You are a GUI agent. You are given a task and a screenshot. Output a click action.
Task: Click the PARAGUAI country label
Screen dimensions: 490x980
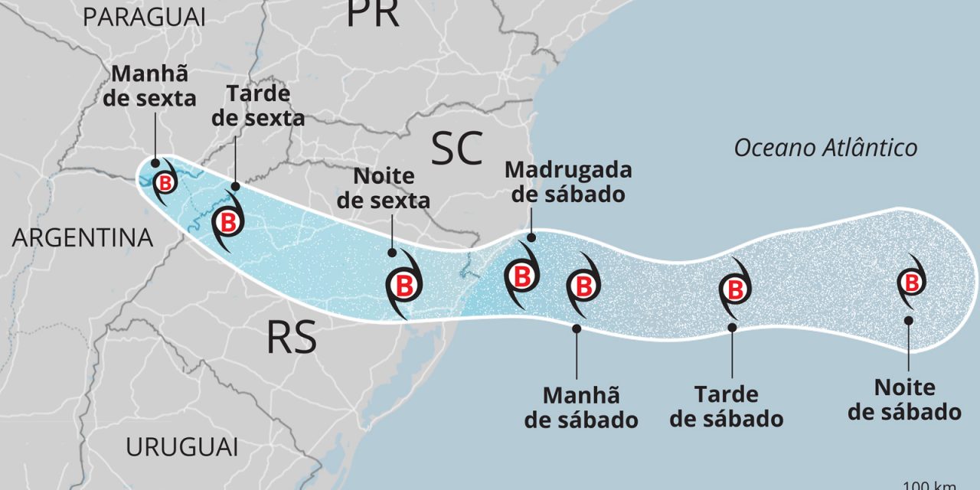(145, 17)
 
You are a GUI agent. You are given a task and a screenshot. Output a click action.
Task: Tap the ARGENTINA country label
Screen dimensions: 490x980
(83, 238)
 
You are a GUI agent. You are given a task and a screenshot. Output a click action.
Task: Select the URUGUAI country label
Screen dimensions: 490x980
(182, 446)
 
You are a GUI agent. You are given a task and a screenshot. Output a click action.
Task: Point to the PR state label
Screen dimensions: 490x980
(373, 13)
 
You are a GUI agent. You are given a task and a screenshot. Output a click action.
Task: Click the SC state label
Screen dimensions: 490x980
(457, 148)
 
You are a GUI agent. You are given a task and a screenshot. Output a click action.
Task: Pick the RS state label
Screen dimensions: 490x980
(292, 338)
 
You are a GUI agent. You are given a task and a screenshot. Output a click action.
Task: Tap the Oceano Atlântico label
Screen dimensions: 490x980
(825, 148)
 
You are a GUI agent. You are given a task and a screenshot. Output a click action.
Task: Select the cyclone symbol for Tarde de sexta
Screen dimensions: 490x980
(227, 222)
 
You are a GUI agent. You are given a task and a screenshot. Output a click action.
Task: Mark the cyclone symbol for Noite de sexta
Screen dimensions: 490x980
(403, 286)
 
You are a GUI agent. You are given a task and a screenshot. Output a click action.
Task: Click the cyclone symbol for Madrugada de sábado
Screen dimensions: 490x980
(521, 276)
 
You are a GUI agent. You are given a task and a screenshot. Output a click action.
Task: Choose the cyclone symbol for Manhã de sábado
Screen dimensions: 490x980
(583, 287)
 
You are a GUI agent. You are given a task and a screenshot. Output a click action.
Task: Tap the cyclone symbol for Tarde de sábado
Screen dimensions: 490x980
(734, 290)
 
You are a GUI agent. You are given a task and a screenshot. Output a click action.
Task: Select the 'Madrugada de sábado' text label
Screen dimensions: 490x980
(568, 181)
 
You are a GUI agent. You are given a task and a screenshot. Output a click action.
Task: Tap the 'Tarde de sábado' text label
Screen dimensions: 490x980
(731, 407)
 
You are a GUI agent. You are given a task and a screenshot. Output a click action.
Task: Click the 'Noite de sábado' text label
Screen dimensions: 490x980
(904, 400)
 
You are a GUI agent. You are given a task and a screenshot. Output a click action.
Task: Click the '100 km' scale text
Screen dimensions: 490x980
(941, 485)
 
